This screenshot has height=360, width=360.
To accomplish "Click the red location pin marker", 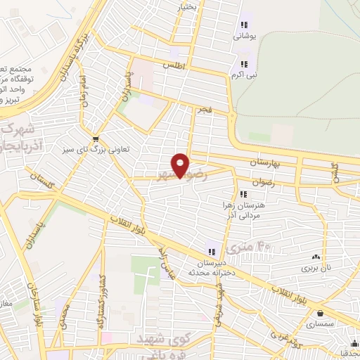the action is (x=181, y=165).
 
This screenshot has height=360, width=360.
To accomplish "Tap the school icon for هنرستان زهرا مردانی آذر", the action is (x=243, y=195).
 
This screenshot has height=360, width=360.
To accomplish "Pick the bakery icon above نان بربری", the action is (x=314, y=257).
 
